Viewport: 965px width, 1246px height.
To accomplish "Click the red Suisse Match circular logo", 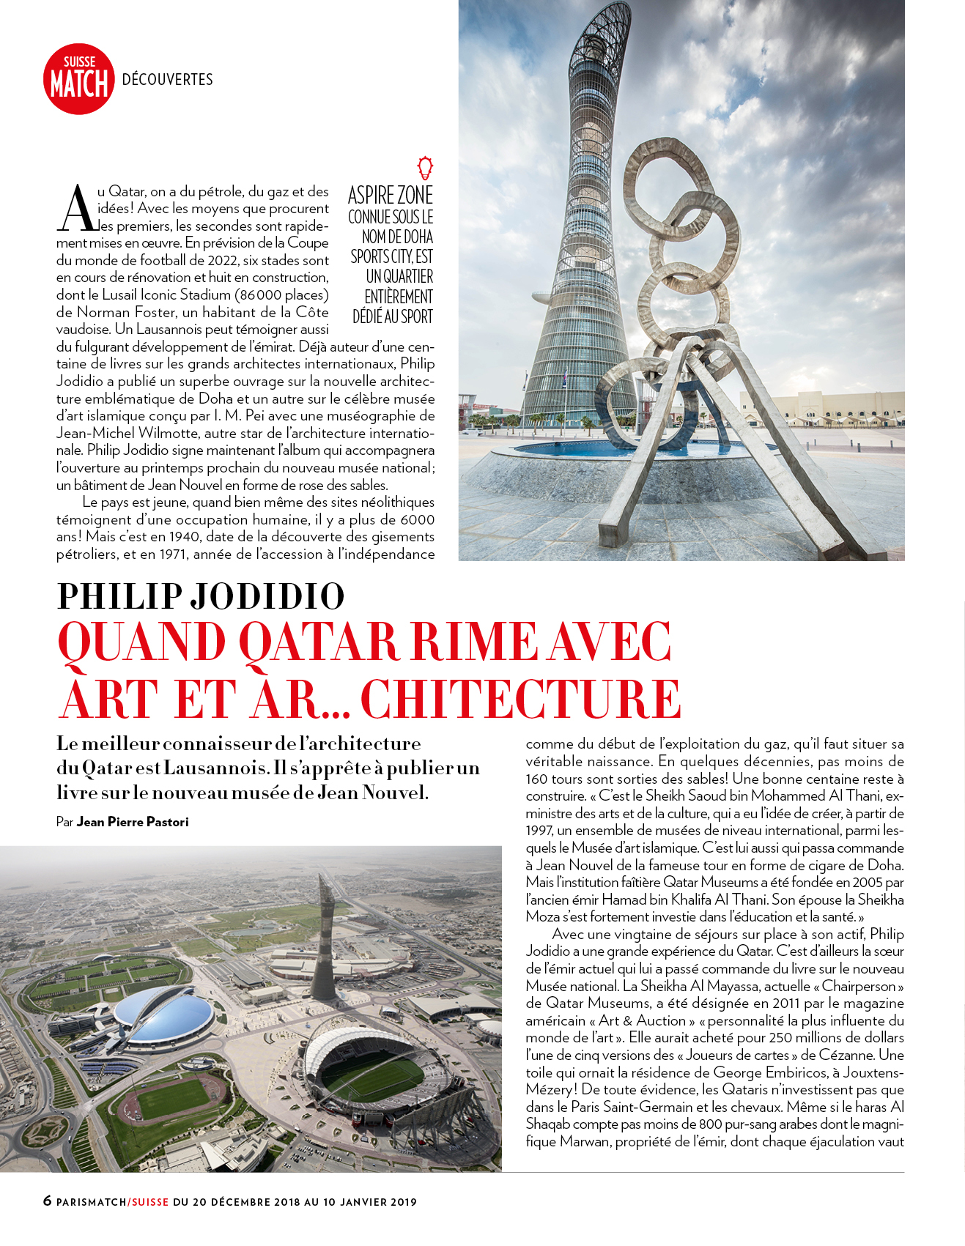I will (x=79, y=79).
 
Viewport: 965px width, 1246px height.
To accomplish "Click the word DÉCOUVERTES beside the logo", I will (x=167, y=80).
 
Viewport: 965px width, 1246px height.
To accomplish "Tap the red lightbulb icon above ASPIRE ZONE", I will (x=424, y=168).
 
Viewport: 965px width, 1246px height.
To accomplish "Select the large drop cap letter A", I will (x=76, y=209).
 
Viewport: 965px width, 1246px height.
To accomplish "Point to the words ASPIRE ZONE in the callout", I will (x=390, y=196).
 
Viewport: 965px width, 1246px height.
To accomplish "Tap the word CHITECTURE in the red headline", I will (x=521, y=699).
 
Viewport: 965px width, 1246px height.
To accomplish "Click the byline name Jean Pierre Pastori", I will (x=133, y=822).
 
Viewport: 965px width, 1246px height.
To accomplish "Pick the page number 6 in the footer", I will (x=48, y=1201).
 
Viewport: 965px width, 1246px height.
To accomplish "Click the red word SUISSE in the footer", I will (x=150, y=1202).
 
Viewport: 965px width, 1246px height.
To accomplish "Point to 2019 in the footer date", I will (x=403, y=1202).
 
